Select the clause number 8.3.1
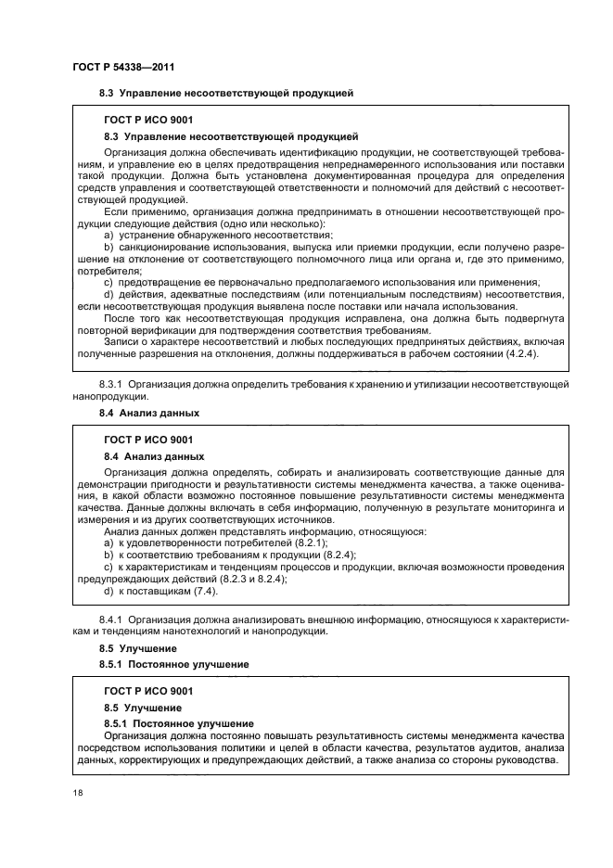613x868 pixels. point(111,383)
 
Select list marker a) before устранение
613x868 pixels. point(109,236)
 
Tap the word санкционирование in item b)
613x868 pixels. point(159,249)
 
